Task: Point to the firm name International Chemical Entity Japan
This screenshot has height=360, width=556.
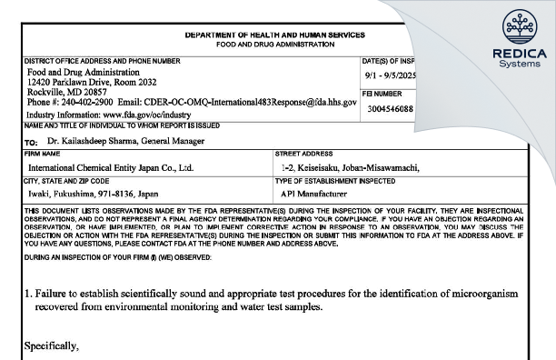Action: pos(110,168)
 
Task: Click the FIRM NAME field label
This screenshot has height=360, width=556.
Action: pos(41,155)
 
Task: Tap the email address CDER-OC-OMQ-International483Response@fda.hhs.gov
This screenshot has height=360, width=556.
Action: pos(255,103)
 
